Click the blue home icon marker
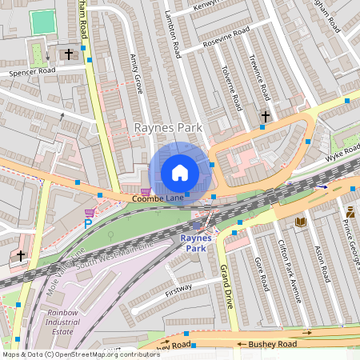(x=180, y=173)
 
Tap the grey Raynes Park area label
(x=168, y=128)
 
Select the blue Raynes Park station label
(x=196, y=243)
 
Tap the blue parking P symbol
(x=88, y=224)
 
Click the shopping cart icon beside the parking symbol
(x=90, y=212)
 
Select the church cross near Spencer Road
(x=69, y=54)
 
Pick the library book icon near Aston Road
(x=301, y=222)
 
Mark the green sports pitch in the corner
(x=43, y=22)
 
